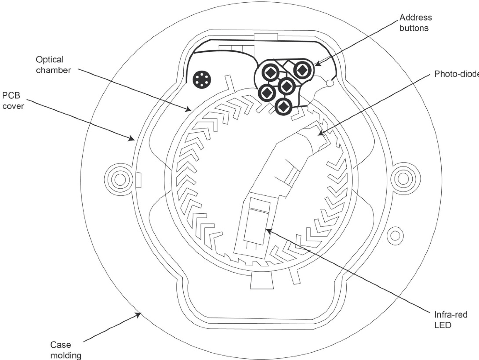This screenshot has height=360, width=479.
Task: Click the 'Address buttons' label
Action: point(415,23)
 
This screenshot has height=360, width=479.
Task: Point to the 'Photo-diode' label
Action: point(456,74)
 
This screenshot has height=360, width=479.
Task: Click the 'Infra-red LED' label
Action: point(451,320)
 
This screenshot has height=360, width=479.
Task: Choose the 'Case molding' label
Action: point(65,350)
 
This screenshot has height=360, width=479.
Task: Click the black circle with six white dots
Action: point(202,79)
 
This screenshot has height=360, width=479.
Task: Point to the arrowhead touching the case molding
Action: point(139,314)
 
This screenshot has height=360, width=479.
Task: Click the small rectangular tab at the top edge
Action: point(266,37)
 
